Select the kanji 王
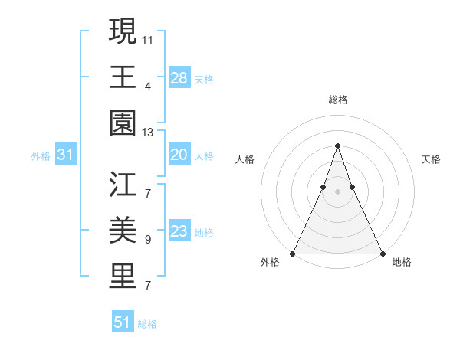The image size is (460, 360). [123, 77]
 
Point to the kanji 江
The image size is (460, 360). [123, 185]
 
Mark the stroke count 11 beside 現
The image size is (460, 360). [148, 38]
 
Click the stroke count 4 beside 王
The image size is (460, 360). [148, 86]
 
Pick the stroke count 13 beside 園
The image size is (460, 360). [148, 133]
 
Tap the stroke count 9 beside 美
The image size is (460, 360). [148, 240]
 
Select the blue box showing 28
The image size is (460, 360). [179, 78]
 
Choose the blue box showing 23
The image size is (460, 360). [179, 231]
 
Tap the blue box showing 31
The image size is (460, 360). [66, 155]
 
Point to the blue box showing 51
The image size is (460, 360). [123, 322]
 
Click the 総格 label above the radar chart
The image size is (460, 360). [337, 100]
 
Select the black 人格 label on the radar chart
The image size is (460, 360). [245, 159]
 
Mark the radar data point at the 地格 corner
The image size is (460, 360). [382, 254]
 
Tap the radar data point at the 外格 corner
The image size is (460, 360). [293, 254]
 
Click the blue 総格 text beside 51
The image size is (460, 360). [147, 324]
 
